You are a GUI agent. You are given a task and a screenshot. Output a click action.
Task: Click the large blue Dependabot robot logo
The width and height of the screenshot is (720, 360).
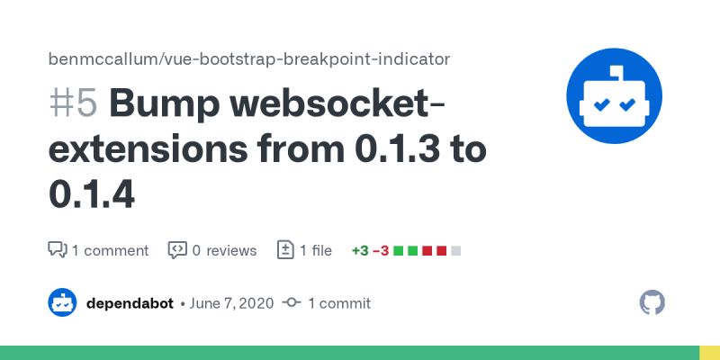click(614, 95)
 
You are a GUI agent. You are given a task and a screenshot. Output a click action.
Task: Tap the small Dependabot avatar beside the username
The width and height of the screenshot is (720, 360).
click(62, 303)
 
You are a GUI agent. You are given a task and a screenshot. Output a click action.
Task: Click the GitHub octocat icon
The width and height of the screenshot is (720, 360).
click(652, 302)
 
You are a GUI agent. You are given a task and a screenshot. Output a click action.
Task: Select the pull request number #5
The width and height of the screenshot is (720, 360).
click(72, 104)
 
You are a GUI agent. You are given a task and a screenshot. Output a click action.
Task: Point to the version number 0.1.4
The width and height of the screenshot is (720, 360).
click(91, 194)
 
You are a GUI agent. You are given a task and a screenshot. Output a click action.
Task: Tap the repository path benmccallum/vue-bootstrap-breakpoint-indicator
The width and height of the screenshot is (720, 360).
click(248, 59)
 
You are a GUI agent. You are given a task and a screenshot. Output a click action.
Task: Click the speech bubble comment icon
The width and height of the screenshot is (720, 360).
click(57, 250)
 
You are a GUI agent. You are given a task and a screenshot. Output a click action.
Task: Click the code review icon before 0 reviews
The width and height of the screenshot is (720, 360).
click(177, 250)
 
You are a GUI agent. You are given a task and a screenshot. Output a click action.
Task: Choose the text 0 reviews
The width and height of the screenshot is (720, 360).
click(224, 250)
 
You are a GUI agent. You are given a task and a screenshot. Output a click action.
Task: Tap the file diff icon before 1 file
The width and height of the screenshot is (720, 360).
click(285, 250)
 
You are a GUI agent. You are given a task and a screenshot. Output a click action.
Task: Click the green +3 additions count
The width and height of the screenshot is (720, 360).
click(360, 250)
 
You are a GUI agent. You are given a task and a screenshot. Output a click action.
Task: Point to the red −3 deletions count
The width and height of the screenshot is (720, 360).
click(381, 250)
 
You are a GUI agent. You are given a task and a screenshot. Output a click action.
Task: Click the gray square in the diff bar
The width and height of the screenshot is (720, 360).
click(455, 250)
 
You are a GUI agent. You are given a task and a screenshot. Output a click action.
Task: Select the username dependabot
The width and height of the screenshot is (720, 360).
click(130, 303)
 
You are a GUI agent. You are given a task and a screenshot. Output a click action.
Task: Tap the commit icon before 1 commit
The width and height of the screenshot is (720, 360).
click(291, 303)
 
